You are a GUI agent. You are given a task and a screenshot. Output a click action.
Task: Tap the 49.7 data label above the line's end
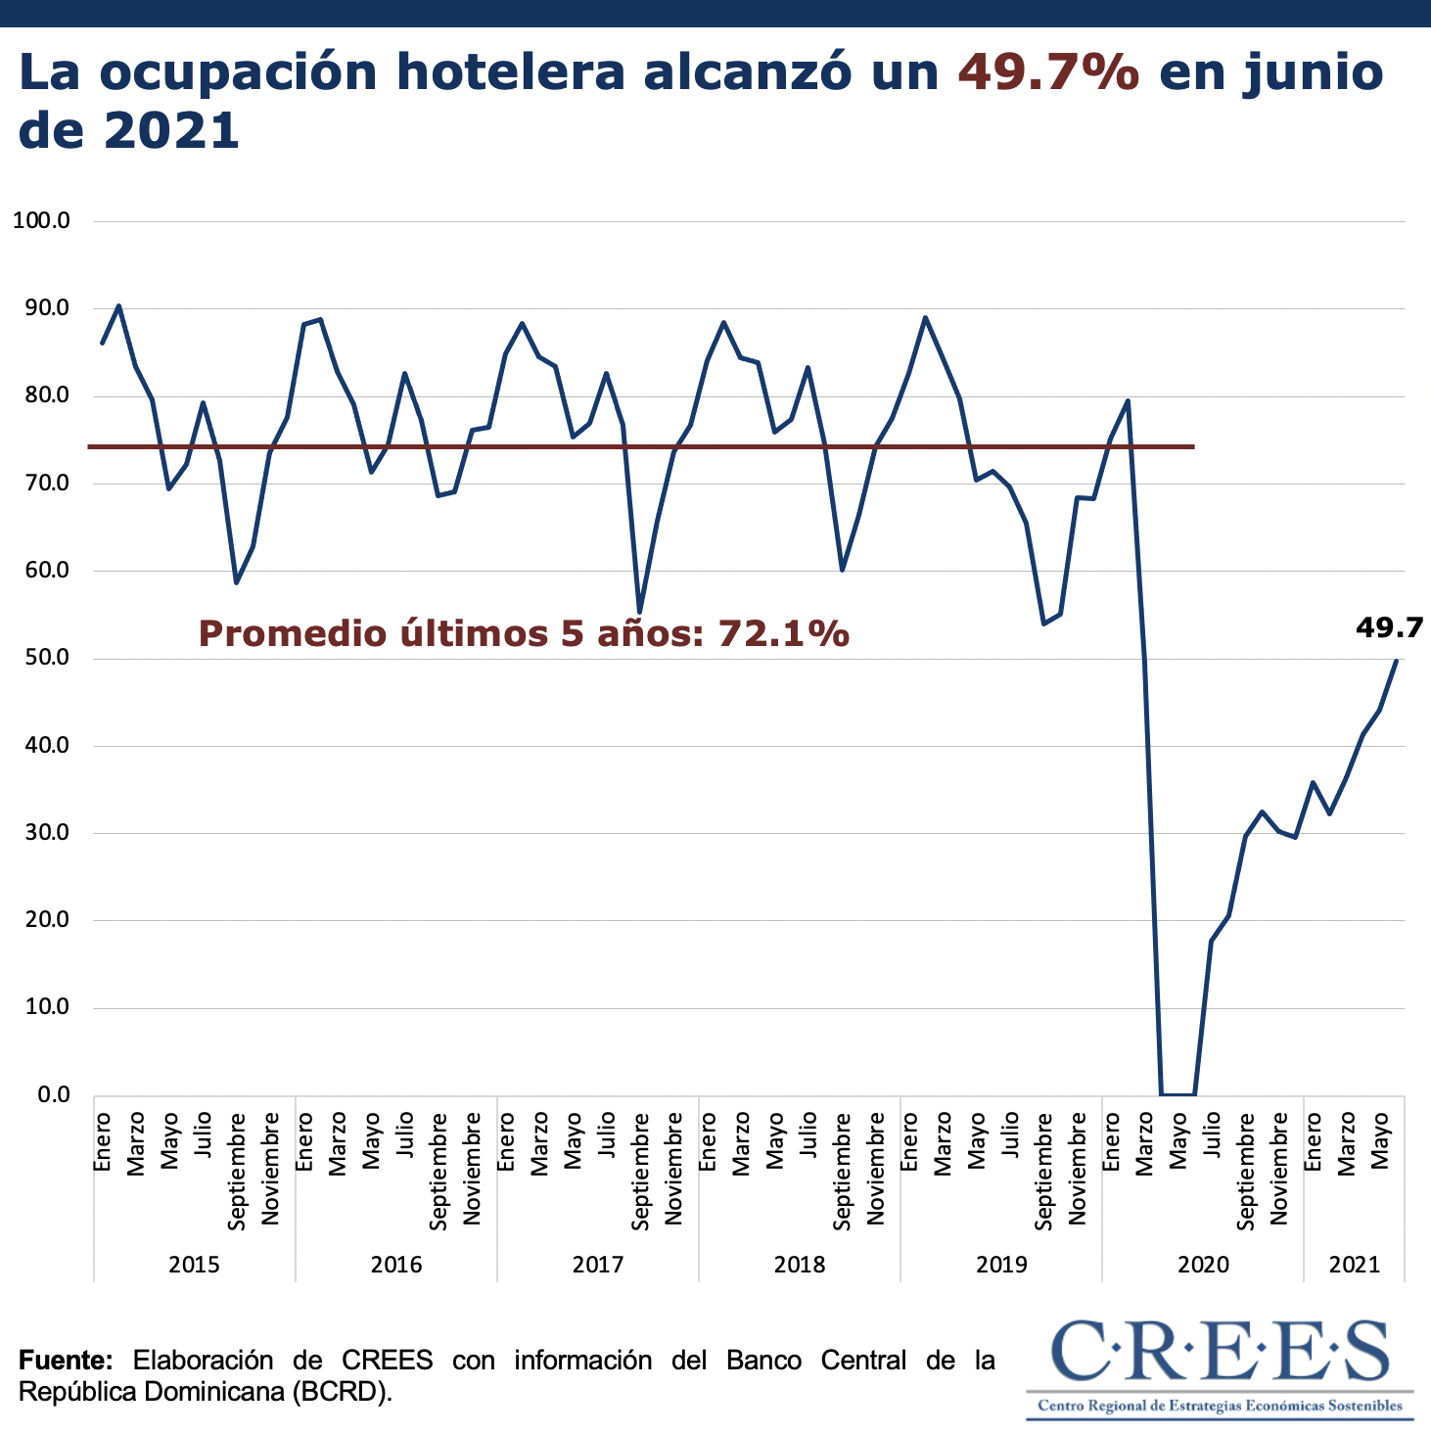(x=1389, y=627)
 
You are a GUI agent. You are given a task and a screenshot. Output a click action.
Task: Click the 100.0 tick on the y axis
(x=41, y=221)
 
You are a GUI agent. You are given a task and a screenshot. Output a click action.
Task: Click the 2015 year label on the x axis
(x=194, y=1264)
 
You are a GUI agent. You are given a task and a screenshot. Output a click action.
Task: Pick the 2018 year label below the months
(x=799, y=1264)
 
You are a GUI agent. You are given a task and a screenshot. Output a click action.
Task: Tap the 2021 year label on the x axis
(x=1354, y=1264)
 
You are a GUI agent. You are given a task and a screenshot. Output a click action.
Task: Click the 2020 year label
(x=1203, y=1264)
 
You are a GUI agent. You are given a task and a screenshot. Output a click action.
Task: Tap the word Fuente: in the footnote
(x=67, y=1361)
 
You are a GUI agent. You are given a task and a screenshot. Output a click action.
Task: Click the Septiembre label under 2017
(x=640, y=1171)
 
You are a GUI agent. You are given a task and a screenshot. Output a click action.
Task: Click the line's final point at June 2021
(x=1396, y=660)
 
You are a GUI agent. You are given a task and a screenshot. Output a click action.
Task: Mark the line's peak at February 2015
(x=118, y=305)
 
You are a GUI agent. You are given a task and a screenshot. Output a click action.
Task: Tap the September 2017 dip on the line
(x=639, y=612)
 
